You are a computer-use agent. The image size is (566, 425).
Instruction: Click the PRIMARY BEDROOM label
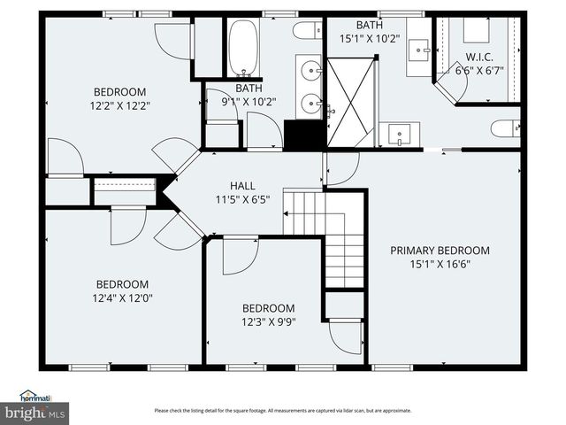440,251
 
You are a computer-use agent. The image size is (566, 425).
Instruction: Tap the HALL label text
242,186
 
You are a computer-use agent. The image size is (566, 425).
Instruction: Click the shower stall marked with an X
351,102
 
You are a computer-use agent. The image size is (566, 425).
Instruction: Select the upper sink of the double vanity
311,68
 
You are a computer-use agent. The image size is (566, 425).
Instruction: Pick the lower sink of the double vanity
311,104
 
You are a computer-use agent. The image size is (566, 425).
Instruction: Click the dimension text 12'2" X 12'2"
120,105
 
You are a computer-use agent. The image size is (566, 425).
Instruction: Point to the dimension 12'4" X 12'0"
122,298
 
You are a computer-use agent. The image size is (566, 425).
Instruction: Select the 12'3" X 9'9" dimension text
268,321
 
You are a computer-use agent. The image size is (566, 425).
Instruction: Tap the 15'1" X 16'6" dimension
440,264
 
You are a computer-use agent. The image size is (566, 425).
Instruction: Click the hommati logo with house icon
35,397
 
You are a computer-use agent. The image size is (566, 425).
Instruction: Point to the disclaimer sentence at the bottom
283,411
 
